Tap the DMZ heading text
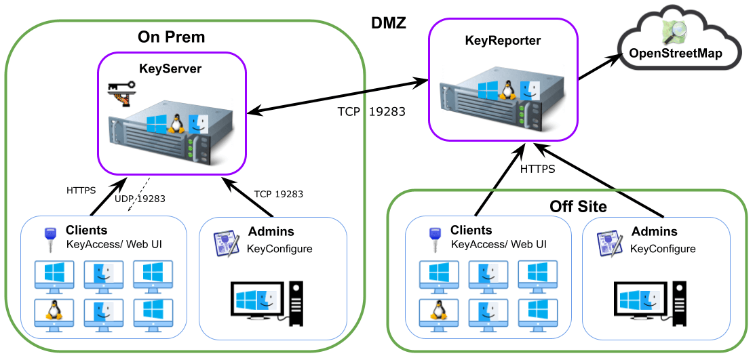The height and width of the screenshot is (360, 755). [x=389, y=23]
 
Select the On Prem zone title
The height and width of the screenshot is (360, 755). [x=171, y=36]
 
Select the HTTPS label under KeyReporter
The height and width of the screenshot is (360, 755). [x=537, y=169]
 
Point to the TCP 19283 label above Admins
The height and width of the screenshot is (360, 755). [x=278, y=194]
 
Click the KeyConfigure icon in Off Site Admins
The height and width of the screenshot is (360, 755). [x=609, y=242]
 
